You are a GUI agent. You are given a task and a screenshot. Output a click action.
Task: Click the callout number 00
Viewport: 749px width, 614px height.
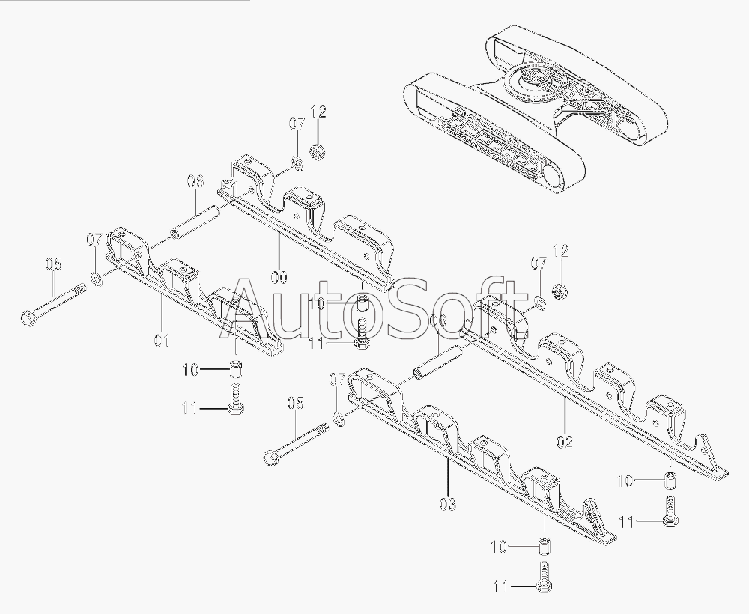pyautogui.click(x=279, y=277)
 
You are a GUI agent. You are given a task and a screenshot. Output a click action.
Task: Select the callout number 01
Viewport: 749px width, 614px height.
pyautogui.click(x=162, y=341)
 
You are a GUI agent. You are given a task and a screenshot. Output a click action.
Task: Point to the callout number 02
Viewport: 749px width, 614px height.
pyautogui.click(x=565, y=442)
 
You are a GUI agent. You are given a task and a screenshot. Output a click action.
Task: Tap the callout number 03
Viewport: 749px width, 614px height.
pyautogui.click(x=447, y=504)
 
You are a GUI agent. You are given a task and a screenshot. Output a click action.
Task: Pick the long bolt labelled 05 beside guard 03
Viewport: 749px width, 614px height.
pyautogui.click(x=297, y=442)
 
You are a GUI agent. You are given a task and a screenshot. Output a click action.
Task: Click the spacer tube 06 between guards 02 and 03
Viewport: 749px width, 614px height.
pyautogui.click(x=437, y=362)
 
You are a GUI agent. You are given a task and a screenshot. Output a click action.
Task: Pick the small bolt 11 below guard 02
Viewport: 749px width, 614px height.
pyautogui.click(x=670, y=512)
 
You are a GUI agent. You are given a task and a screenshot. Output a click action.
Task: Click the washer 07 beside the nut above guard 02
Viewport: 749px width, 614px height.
pyautogui.click(x=539, y=303)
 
